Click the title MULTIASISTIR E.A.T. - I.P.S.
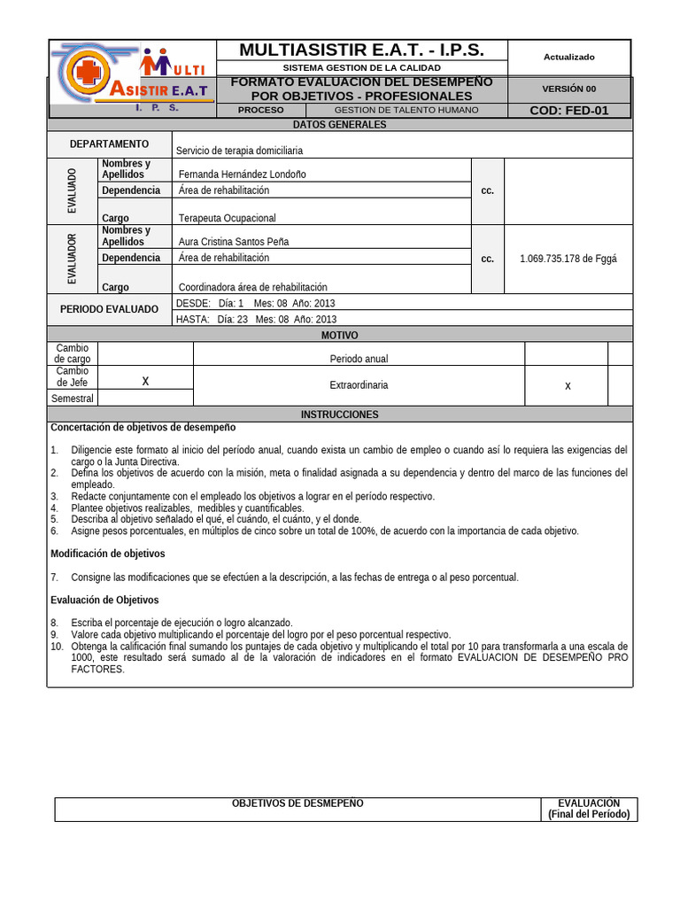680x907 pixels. click(360, 50)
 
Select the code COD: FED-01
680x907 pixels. click(568, 111)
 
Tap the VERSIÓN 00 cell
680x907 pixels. click(568, 89)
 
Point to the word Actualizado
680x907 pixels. click(568, 57)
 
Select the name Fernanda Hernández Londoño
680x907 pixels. click(242, 174)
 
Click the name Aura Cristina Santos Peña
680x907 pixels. click(234, 242)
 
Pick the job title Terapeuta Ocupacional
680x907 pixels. click(228, 218)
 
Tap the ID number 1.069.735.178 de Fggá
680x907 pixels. click(568, 259)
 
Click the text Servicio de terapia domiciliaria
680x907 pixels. click(239, 151)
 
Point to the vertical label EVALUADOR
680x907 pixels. click(73, 259)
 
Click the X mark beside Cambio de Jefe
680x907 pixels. click(145, 381)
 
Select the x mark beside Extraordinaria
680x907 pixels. click(568, 386)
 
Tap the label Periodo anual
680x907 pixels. click(359, 359)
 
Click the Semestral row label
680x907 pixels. click(73, 399)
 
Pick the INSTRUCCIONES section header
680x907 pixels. click(340, 415)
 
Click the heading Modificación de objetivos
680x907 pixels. click(107, 554)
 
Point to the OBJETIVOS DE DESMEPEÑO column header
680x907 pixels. click(297, 803)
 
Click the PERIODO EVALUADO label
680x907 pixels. click(109, 310)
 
